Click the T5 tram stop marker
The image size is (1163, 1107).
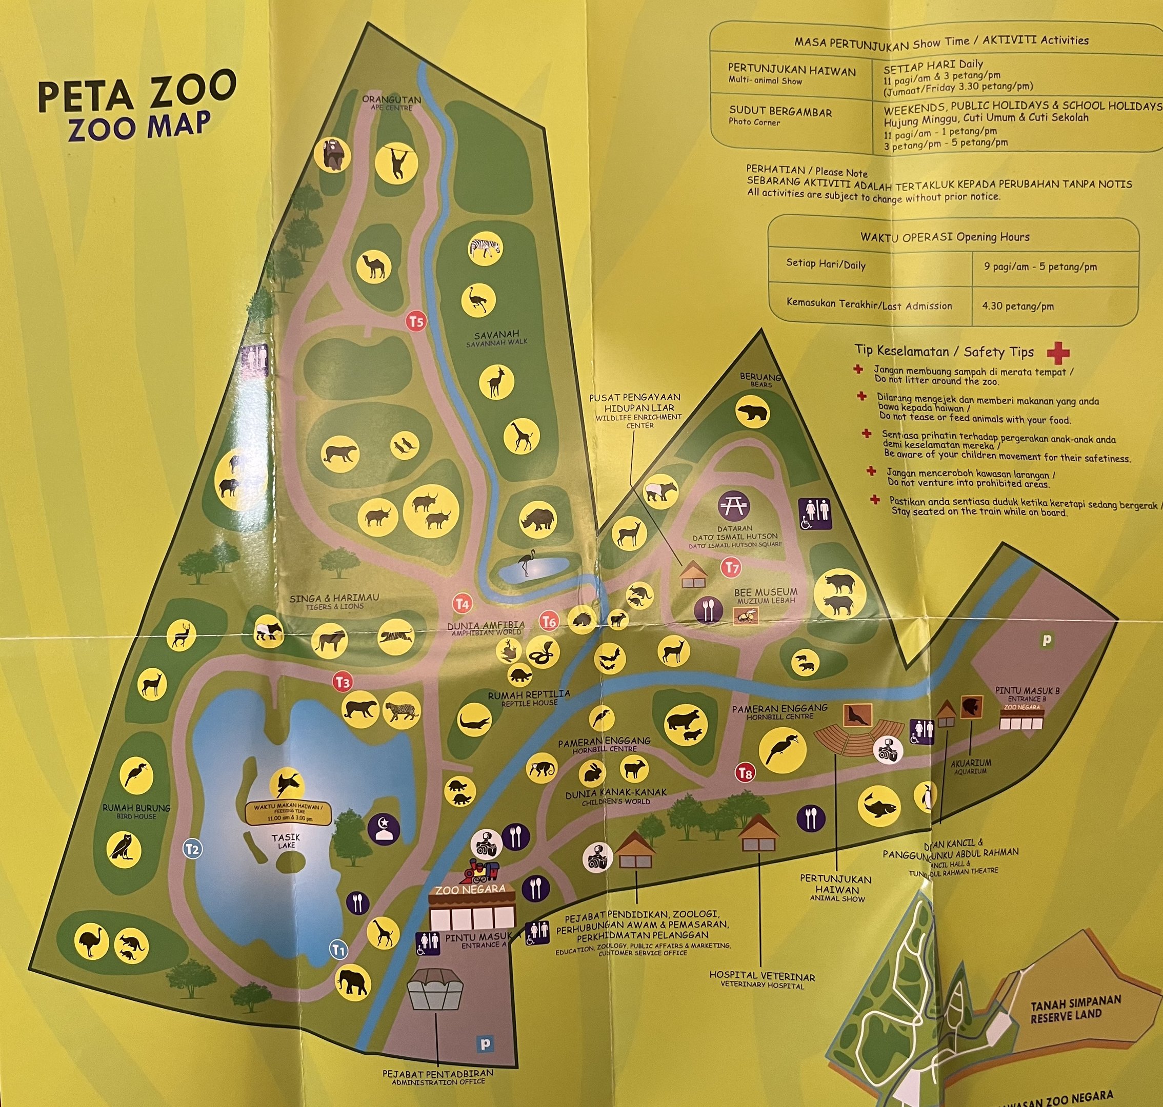click(x=416, y=322)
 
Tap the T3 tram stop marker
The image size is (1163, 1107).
click(x=343, y=682)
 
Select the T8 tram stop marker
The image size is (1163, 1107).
click(x=745, y=772)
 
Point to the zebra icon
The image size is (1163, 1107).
click(x=485, y=248)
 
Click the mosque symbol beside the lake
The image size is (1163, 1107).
click(x=384, y=829)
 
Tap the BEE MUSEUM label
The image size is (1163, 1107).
click(x=765, y=592)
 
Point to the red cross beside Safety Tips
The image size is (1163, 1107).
click(x=1057, y=354)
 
